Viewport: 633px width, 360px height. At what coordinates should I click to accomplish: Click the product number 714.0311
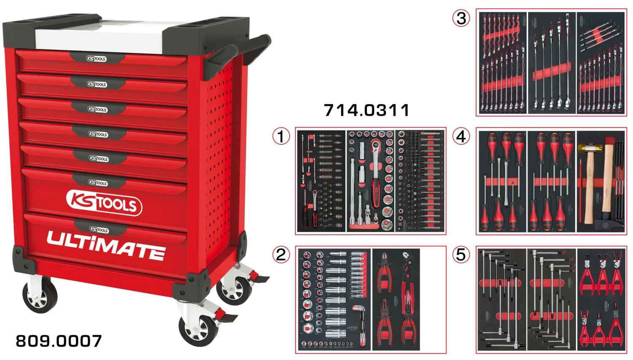366,110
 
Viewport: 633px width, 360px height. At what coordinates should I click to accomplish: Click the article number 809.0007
59,341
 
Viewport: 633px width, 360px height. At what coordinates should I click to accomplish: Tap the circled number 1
281,136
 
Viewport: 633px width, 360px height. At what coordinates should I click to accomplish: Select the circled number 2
281,254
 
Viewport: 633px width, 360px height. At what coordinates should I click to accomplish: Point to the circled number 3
461,18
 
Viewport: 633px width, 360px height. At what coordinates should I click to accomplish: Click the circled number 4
461,136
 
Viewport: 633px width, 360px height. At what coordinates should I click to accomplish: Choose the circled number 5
461,254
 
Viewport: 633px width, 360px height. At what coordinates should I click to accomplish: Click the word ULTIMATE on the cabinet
105,245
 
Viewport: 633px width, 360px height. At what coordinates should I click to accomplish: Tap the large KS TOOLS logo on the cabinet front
104,203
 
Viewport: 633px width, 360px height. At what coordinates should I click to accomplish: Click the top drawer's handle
97,59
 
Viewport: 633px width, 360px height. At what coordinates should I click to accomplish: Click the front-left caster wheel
40,295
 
